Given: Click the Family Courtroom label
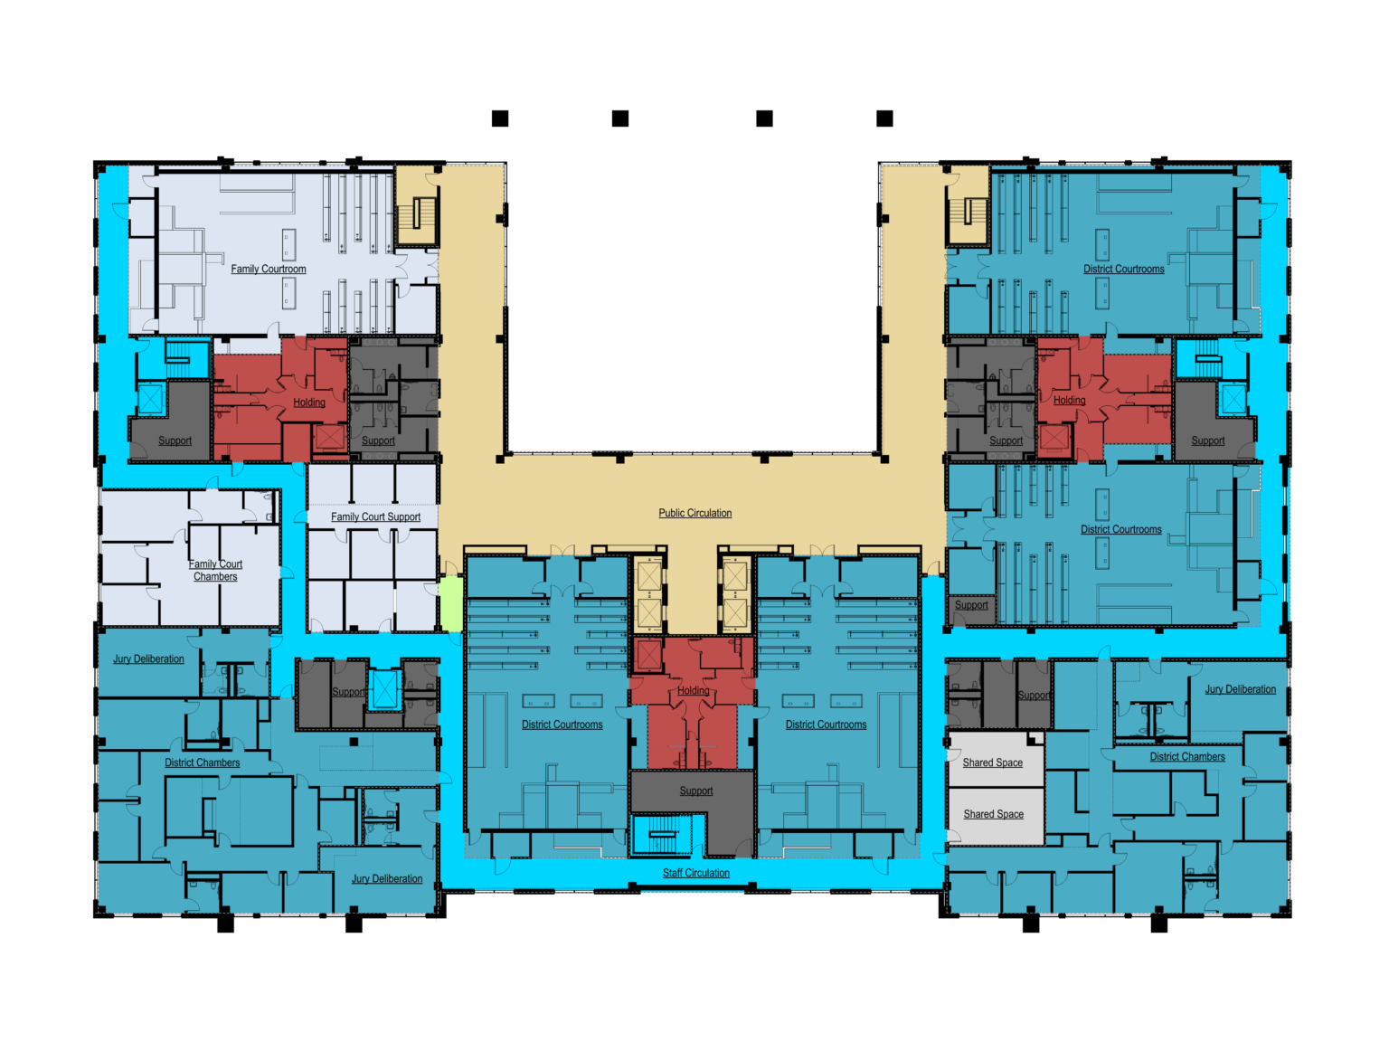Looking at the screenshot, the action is [x=269, y=269].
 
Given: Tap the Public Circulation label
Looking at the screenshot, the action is [x=694, y=513].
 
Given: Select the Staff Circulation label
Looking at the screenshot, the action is [x=696, y=873].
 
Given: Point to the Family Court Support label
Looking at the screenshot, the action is [x=375, y=516].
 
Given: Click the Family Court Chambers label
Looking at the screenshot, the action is [x=215, y=570].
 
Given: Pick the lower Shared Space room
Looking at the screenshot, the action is [x=994, y=816].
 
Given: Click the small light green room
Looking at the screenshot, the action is [x=451, y=603].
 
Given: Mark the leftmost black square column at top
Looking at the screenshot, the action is [x=500, y=118].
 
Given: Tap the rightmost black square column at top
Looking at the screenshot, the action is [x=884, y=118].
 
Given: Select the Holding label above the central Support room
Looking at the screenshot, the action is [x=693, y=690].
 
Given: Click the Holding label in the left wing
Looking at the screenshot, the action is [x=308, y=403].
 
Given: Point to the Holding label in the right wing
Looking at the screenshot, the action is [x=1069, y=401].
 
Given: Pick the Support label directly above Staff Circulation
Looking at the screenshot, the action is [x=696, y=791].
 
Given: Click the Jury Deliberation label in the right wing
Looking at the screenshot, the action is [x=1240, y=689].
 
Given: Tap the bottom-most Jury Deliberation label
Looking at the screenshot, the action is [x=387, y=879].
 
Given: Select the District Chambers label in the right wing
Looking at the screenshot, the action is [x=1187, y=757].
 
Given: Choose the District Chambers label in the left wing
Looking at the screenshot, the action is [x=202, y=763].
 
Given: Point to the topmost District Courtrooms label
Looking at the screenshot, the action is [x=1123, y=269].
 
